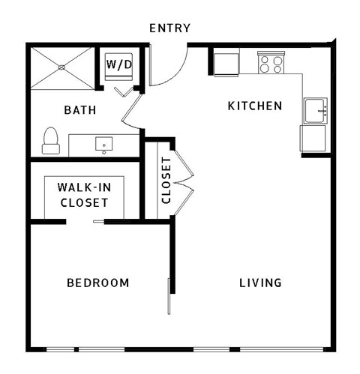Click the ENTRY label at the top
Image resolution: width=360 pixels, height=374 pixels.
click(x=169, y=28)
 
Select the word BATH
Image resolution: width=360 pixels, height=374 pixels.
click(x=79, y=110)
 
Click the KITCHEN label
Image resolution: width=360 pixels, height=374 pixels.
click(x=255, y=106)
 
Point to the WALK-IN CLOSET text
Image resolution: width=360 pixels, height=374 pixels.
click(x=83, y=196)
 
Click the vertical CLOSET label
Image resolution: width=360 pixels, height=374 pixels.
click(x=166, y=181)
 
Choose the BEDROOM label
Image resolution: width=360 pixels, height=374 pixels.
click(x=97, y=283)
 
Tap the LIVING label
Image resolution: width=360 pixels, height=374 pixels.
click(x=260, y=283)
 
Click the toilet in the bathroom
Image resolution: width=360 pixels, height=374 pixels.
click(x=50, y=141)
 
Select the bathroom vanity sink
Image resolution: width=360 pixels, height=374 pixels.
click(x=103, y=143)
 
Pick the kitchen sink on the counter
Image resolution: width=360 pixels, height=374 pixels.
click(x=315, y=110)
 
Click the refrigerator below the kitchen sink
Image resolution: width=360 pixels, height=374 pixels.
click(x=313, y=139)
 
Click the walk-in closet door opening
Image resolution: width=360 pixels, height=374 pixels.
click(x=85, y=222)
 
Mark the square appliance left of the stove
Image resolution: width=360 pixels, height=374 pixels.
click(x=226, y=63)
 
